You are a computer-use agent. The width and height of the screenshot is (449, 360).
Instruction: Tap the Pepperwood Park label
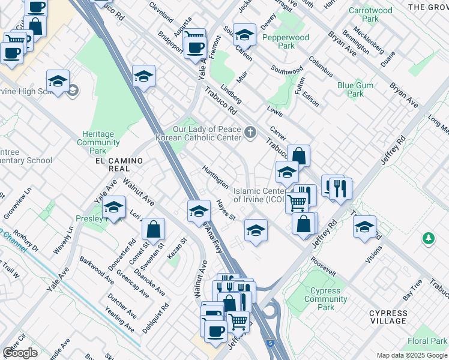(x=286, y=41)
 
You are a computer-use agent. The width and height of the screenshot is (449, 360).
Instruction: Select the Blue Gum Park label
(x=355, y=89)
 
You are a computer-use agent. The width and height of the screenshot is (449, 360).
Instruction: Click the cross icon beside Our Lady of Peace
(x=250, y=131)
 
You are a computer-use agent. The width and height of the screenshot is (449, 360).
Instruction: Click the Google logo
(x=20, y=353)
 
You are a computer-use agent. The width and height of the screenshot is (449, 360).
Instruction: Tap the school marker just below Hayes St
(x=256, y=230)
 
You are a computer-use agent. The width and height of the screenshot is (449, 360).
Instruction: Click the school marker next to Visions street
(x=364, y=226)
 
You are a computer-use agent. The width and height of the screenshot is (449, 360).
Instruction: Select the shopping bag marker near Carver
(x=298, y=155)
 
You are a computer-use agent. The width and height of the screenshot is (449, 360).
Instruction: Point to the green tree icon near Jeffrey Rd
(x=428, y=239)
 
